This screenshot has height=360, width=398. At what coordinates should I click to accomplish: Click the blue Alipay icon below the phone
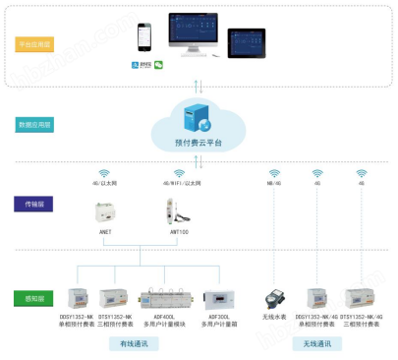(x=136, y=64)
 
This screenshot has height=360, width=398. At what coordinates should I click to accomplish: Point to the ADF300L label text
(x=218, y=317)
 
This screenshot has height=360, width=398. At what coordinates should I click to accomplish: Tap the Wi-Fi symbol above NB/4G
(x=272, y=173)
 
